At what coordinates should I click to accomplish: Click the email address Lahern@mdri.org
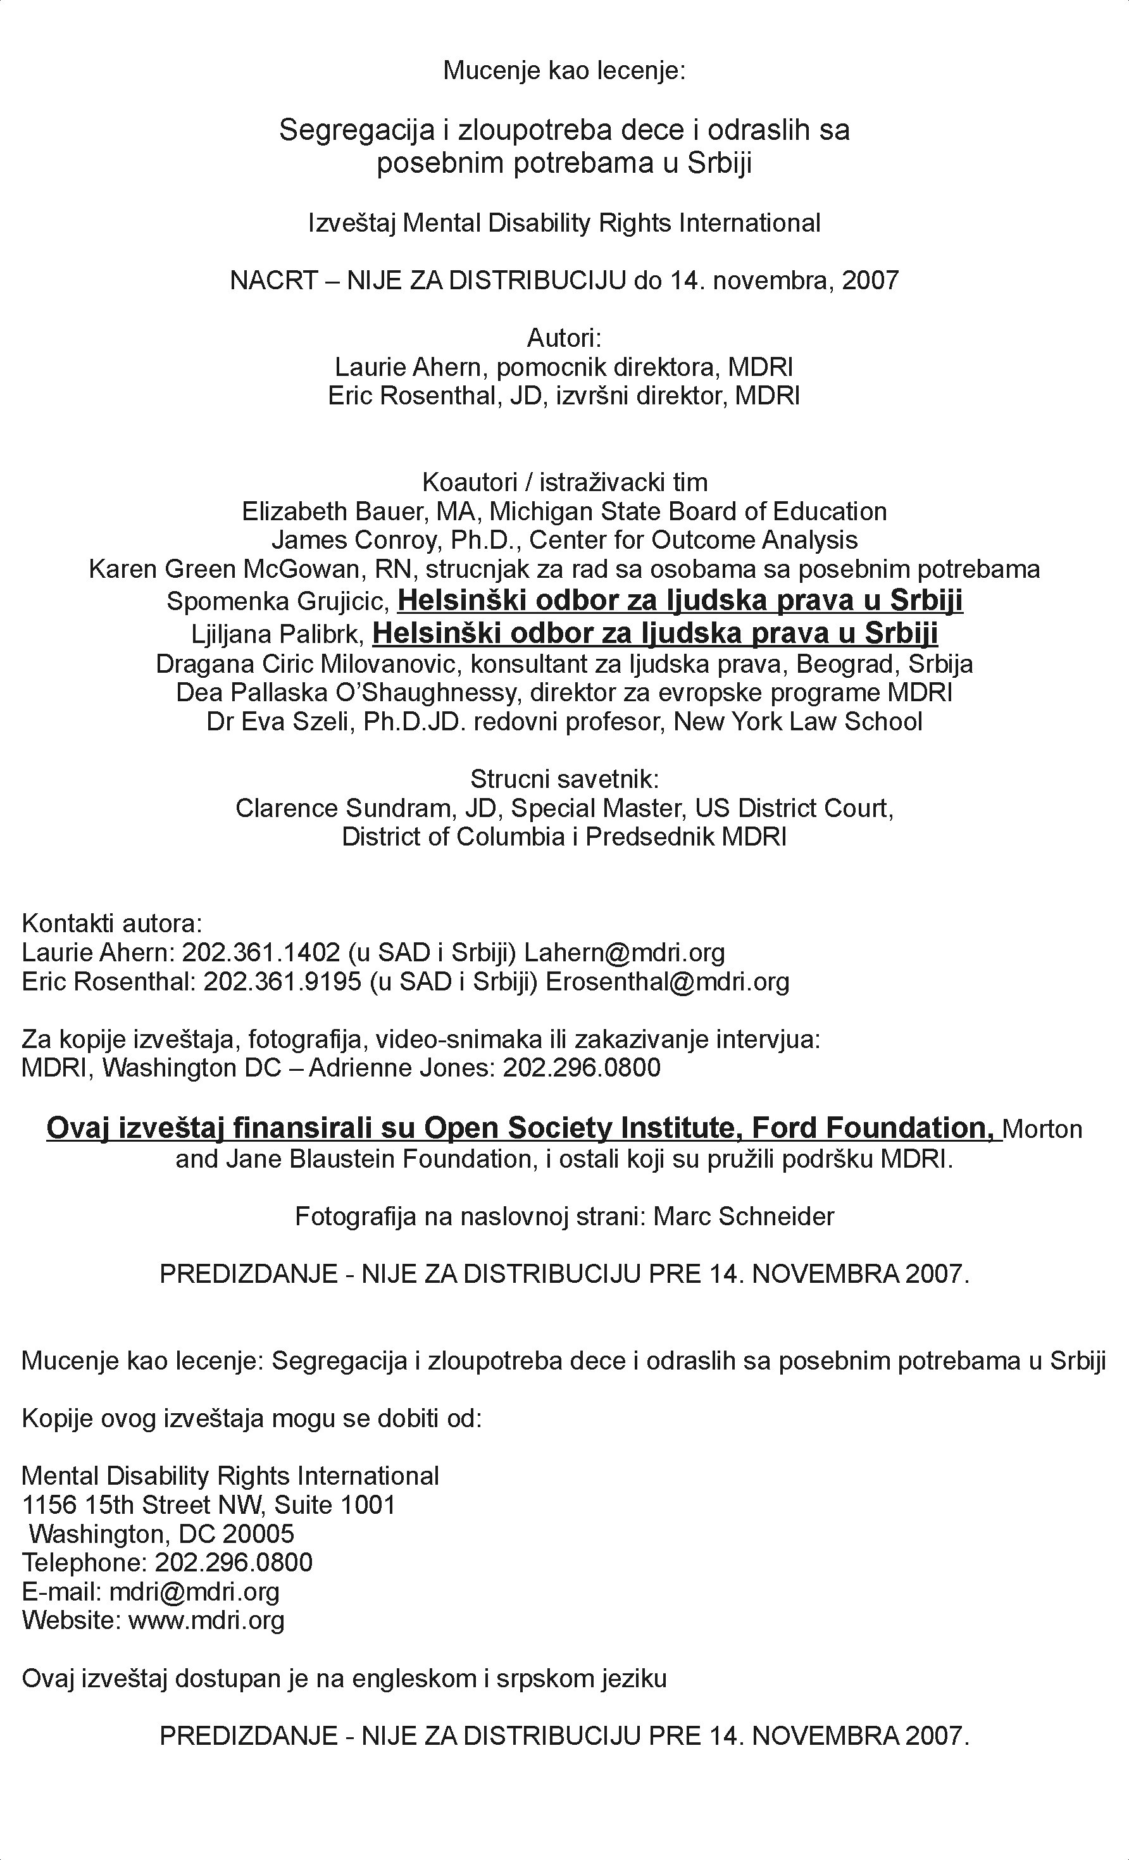(x=624, y=952)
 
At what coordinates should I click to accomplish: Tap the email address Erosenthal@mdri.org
(x=667, y=982)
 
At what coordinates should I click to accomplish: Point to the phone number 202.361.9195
(x=283, y=982)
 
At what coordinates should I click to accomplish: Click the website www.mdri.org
(x=206, y=1620)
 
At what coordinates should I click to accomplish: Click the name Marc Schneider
(x=744, y=1216)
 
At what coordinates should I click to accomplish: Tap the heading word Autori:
(x=564, y=337)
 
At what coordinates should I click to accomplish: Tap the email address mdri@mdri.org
(x=195, y=1591)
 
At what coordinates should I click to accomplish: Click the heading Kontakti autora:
(x=111, y=923)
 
